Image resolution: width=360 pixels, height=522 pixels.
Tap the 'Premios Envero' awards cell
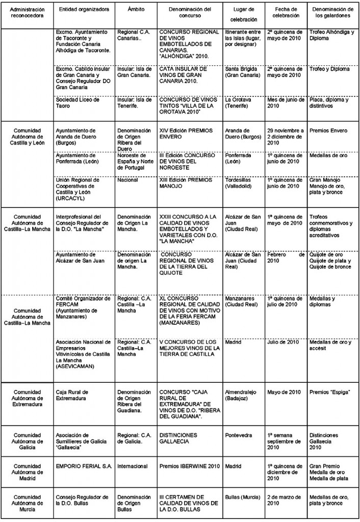click(x=328, y=131)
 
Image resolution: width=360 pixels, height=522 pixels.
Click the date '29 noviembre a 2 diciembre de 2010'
click(x=285, y=137)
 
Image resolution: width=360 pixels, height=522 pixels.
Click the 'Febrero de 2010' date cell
click(x=286, y=257)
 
